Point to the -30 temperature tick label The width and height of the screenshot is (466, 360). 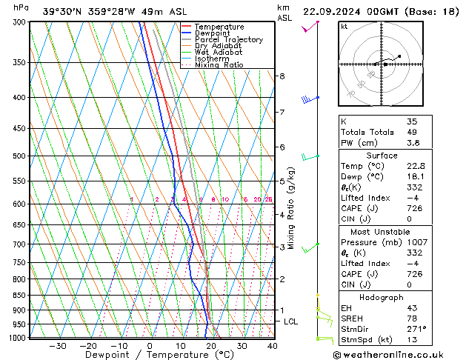58,346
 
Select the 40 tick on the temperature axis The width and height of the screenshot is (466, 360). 273,346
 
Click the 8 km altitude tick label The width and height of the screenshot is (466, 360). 282,76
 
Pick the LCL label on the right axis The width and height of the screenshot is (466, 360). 291,321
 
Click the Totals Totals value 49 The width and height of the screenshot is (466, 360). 412,132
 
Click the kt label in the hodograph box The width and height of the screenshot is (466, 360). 344,26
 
